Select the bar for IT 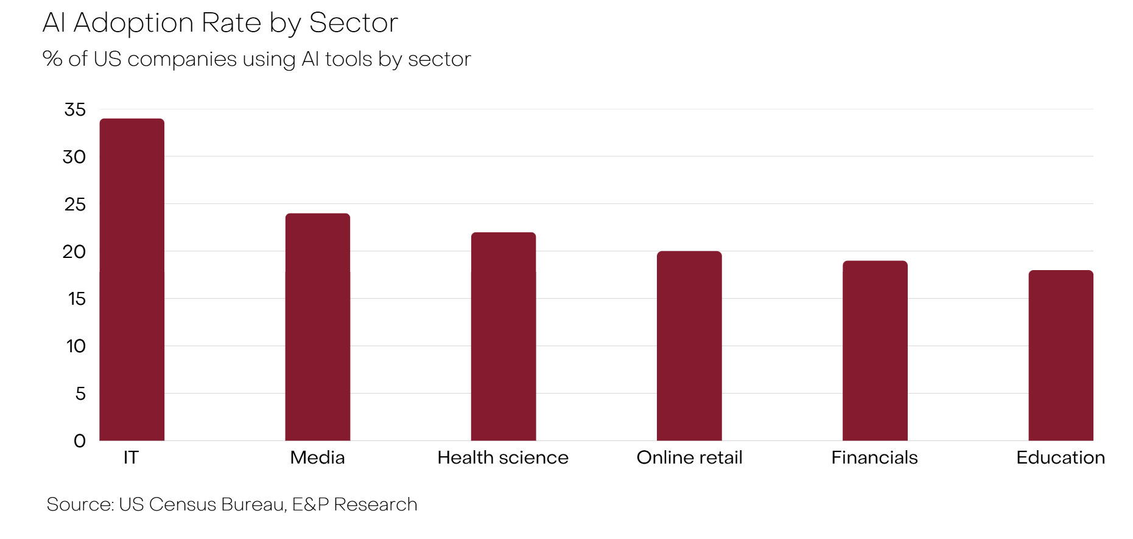pyautogui.click(x=132, y=280)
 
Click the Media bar pyautogui.click(x=318, y=327)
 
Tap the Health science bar pyautogui.click(x=503, y=336)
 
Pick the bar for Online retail pyautogui.click(x=689, y=346)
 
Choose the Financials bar pyautogui.click(x=875, y=351)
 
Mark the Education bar pyautogui.click(x=1061, y=355)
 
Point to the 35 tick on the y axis pyautogui.click(x=75, y=110)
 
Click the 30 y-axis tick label pyautogui.click(x=74, y=157)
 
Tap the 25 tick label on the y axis pyautogui.click(x=75, y=204)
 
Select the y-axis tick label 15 pyautogui.click(x=77, y=299)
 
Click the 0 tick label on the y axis pyautogui.click(x=80, y=441)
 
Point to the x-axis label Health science pyautogui.click(x=503, y=457)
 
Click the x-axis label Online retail pyautogui.click(x=689, y=457)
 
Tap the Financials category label pyautogui.click(x=874, y=457)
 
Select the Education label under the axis pyautogui.click(x=1061, y=457)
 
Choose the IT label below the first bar pyautogui.click(x=131, y=457)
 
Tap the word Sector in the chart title pyautogui.click(x=353, y=23)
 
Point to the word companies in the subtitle pyautogui.click(x=181, y=60)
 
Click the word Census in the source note pyautogui.click(x=182, y=504)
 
